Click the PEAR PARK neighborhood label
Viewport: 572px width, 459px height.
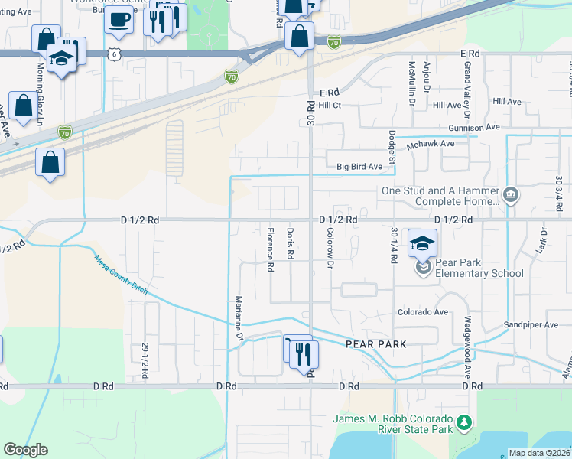[x=375, y=344]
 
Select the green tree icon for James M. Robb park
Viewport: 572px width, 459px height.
[x=463, y=422]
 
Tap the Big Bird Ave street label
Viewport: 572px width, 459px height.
[x=359, y=167]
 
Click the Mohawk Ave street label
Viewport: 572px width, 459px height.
[x=431, y=143]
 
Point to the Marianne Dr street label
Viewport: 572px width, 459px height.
[x=239, y=319]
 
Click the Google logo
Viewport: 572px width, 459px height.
[x=25, y=450]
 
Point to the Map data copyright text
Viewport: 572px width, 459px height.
[x=538, y=453]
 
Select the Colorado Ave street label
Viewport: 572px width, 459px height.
[x=422, y=312]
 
